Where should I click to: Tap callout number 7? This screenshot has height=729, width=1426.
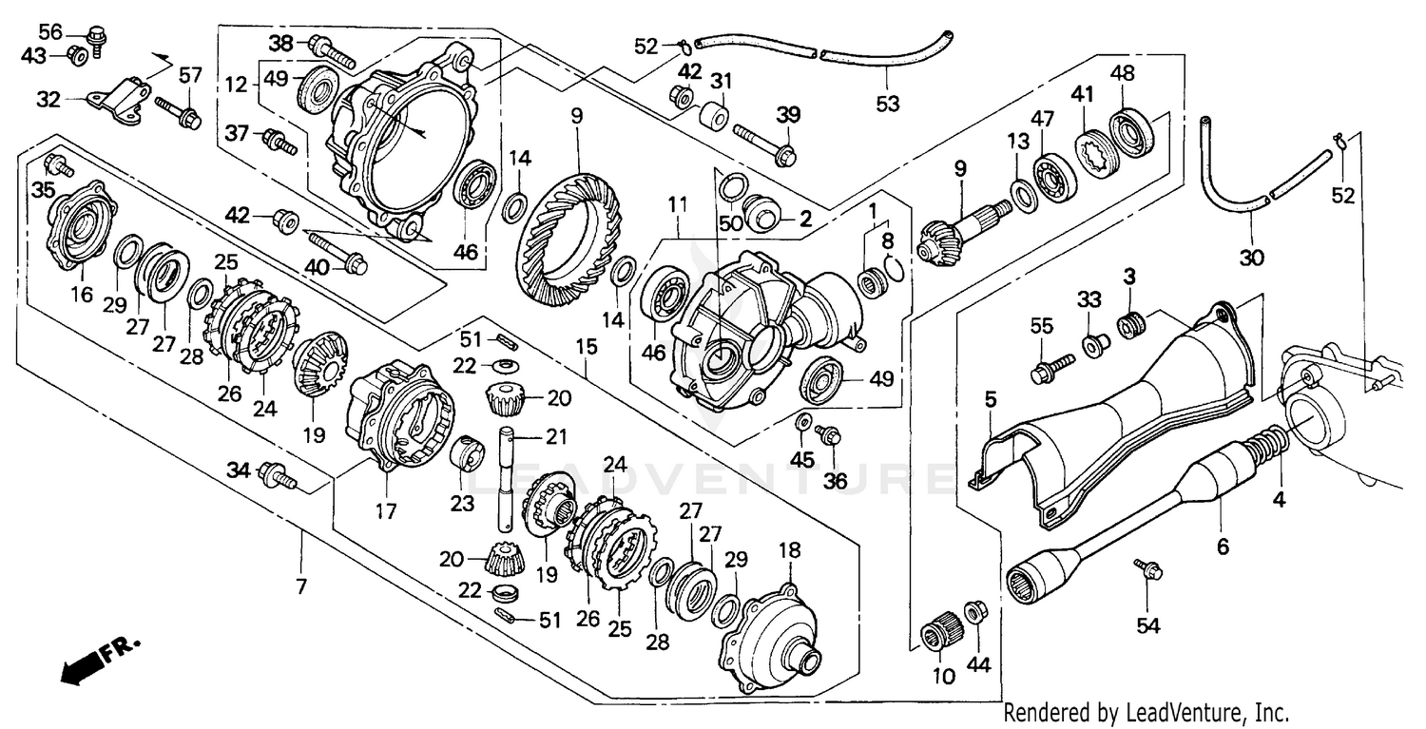click(x=301, y=586)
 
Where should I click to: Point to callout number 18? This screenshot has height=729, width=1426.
click(x=790, y=550)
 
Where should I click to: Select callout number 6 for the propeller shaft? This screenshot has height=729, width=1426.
click(x=1223, y=547)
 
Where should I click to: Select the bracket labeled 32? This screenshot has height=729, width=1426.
click(x=120, y=102)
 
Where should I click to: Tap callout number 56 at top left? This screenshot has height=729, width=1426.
click(x=50, y=32)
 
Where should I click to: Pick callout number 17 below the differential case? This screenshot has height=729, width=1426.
click(x=385, y=511)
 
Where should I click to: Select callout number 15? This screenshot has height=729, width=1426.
click(x=587, y=348)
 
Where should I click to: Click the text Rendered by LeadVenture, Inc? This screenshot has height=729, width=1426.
click(x=1146, y=712)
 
